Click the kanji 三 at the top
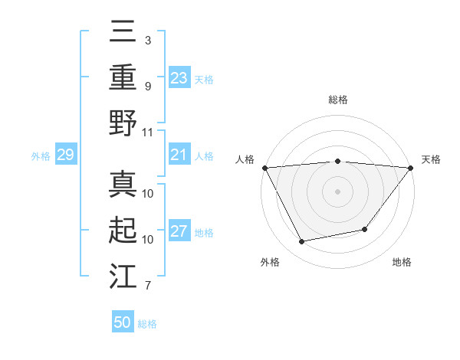[x=123, y=33]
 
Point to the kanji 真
[x=123, y=185]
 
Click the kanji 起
[x=123, y=230]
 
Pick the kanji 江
[x=123, y=275]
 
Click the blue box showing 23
[x=179, y=77]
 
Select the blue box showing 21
[x=179, y=155]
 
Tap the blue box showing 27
[x=179, y=232]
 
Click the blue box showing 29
[x=65, y=155]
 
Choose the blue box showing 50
[x=123, y=322]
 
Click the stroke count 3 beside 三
[x=147, y=40]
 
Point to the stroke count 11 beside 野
[x=148, y=132]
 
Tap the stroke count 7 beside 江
[x=147, y=286]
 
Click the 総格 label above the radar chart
[x=337, y=100]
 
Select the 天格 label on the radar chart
[x=431, y=159]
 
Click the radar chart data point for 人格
[x=264, y=167]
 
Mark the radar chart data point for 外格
[x=302, y=242]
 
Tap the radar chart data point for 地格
[x=365, y=229]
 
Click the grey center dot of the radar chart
[x=337, y=191]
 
